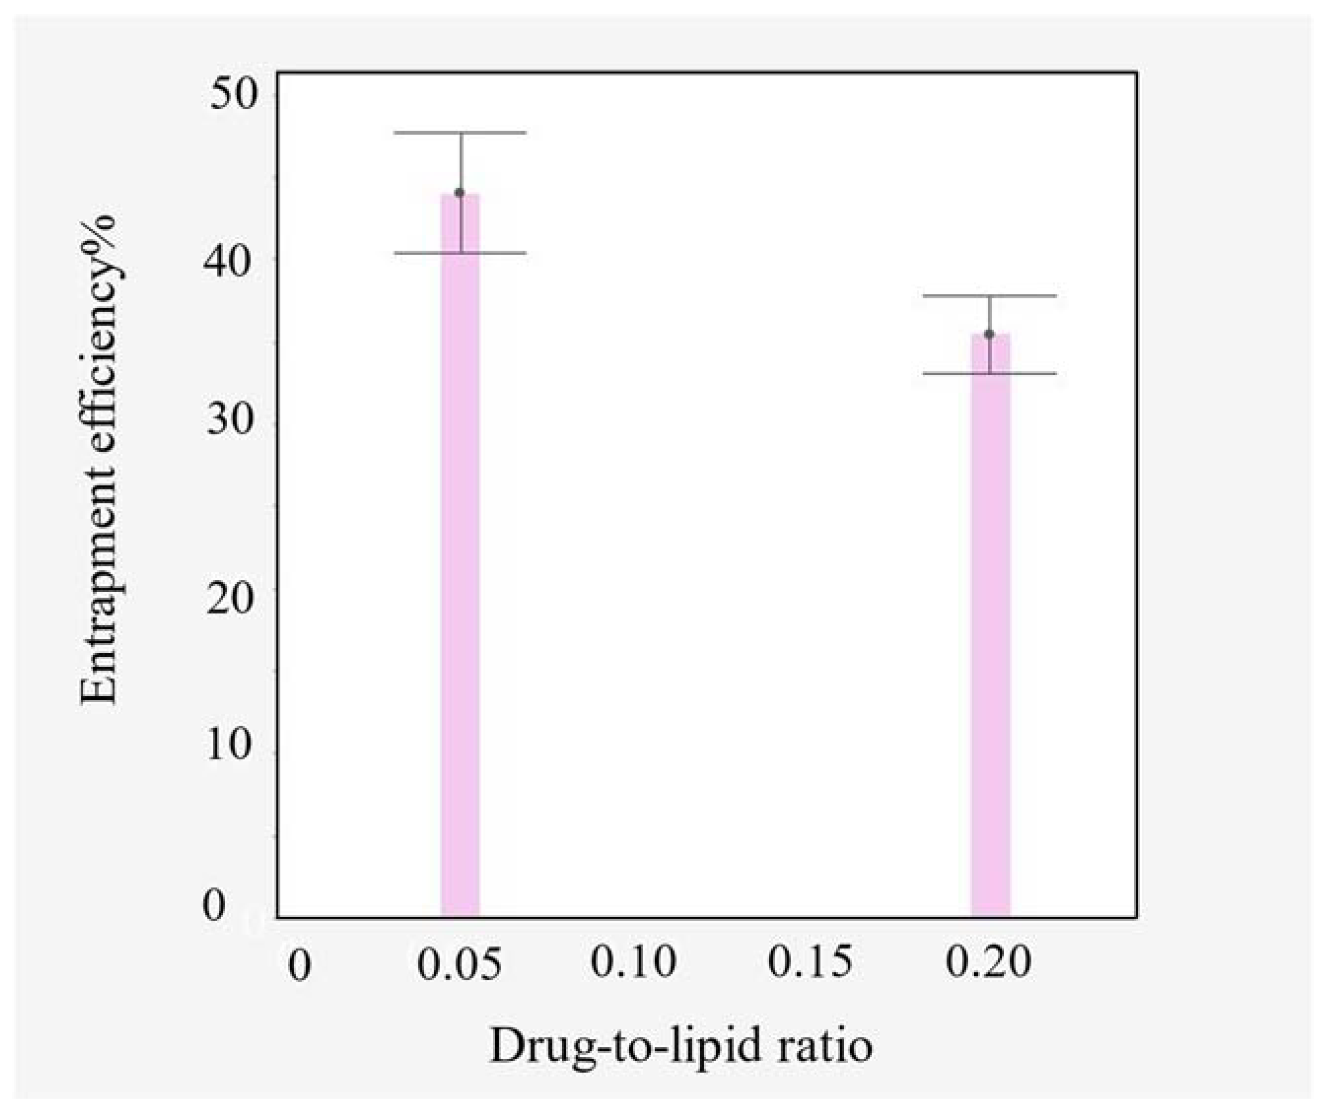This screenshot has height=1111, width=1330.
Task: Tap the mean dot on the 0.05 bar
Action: click(x=460, y=193)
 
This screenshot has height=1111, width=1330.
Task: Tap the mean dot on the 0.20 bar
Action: click(x=989, y=334)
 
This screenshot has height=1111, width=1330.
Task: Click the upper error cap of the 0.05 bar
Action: click(x=460, y=133)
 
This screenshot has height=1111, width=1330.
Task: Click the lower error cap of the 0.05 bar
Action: click(x=460, y=253)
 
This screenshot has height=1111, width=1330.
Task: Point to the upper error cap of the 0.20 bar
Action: click(x=989, y=296)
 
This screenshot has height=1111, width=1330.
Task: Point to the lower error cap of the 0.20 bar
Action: click(x=989, y=373)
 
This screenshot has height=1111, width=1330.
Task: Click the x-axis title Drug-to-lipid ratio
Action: click(x=681, y=1047)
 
